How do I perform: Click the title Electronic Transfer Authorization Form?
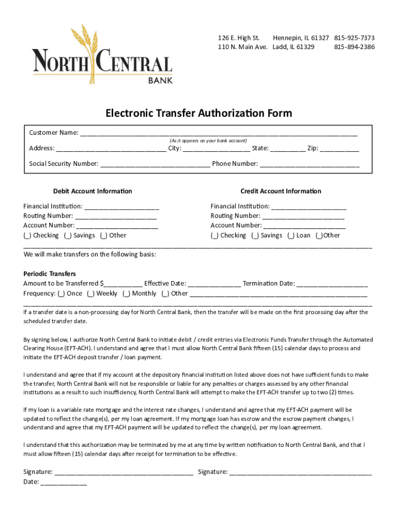199,113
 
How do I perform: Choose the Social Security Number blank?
155,165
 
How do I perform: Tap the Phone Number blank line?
309,165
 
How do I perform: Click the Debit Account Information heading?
93,191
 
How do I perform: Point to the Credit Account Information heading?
281,191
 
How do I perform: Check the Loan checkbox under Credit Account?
291,236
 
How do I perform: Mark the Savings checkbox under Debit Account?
68,236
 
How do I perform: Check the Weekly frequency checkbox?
90,293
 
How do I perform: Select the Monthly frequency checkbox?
126,293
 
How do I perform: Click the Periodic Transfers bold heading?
50,274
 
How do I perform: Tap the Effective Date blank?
214,284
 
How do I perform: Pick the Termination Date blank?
332,284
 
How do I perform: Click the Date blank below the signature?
64,483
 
